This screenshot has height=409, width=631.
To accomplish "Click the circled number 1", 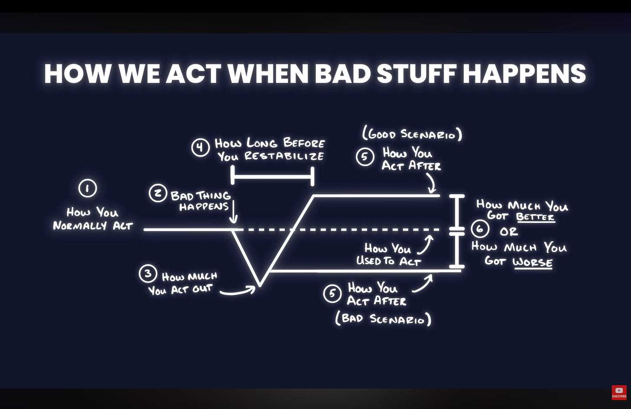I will pyautogui.click(x=88, y=189).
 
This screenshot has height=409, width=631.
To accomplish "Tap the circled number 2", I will pyautogui.click(x=158, y=193).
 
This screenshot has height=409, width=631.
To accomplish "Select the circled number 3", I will pyautogui.click(x=148, y=274).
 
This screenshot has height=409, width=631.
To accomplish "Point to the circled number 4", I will pyautogui.click(x=200, y=147).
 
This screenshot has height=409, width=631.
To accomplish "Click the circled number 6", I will pyautogui.click(x=480, y=228).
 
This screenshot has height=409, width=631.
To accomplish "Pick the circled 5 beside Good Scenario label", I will pyautogui.click(x=365, y=157).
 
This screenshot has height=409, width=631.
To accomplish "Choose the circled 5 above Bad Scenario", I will pyautogui.click(x=332, y=294).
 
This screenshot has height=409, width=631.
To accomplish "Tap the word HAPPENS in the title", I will pyautogui.click(x=524, y=73).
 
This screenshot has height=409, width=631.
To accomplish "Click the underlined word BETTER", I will pyautogui.click(x=536, y=217).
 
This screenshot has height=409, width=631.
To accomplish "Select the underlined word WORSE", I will pyautogui.click(x=532, y=262).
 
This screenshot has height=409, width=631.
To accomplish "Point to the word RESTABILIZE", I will pyautogui.click(x=284, y=156).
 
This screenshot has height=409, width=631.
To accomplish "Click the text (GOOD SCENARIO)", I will pyautogui.click(x=412, y=134).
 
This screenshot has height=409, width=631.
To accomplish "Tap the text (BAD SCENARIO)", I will pyautogui.click(x=384, y=319).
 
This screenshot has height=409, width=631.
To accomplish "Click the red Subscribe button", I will pyautogui.click(x=619, y=392).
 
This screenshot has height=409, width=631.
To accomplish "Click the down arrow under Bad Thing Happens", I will pyautogui.click(x=234, y=213).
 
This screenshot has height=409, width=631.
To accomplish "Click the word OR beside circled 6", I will pyautogui.click(x=508, y=232).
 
